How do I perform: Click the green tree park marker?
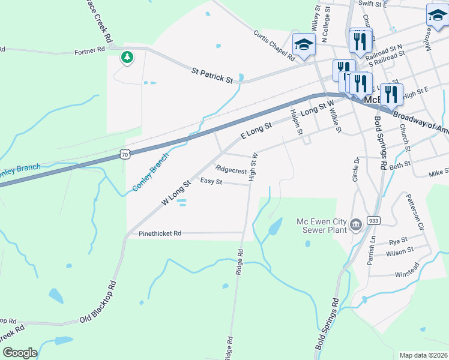point(127,58)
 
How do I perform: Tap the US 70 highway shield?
point(124,154)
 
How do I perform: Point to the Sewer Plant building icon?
point(355,225)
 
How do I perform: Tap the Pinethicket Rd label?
point(160,233)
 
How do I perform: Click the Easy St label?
point(211,181)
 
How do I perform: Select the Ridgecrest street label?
point(231,170)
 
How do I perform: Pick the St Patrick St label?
point(212,75)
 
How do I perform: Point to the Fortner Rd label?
point(90,52)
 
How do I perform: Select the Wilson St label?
point(400,250)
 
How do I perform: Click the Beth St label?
point(400,164)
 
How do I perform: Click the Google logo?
point(20,353)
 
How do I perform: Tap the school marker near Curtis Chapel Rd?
point(304,44)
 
